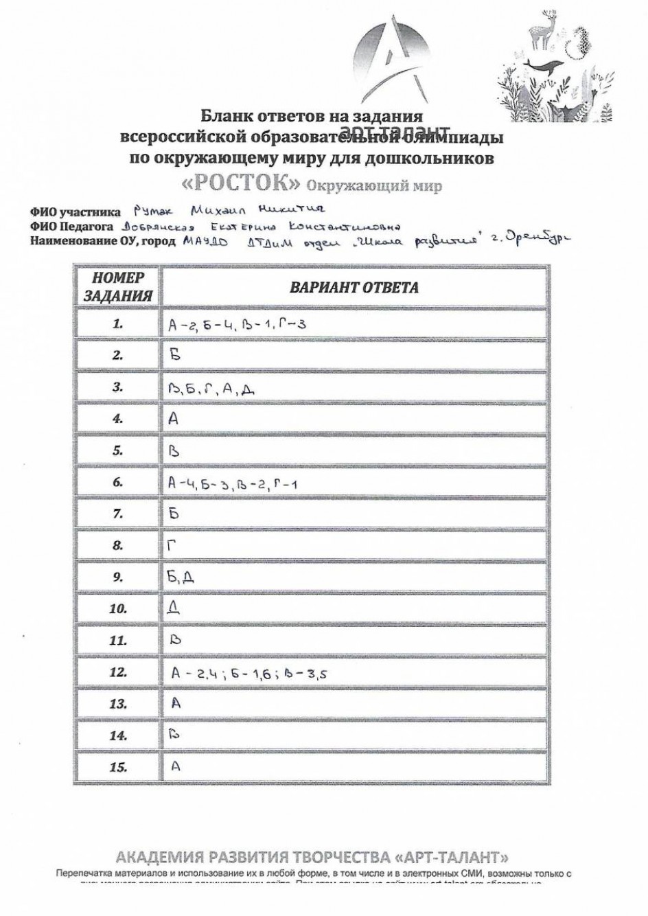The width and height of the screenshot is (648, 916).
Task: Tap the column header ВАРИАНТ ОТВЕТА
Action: point(354,287)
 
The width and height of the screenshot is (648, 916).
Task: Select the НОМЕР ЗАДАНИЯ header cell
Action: point(118,287)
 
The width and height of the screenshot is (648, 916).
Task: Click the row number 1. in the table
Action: point(118,323)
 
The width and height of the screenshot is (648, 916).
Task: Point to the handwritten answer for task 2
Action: point(174,355)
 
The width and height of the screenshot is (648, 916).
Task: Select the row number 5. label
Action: point(118,450)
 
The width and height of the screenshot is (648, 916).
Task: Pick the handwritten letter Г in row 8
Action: point(173,546)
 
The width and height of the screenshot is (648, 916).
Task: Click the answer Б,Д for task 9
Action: point(181,577)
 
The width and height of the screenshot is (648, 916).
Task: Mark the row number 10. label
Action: point(118,609)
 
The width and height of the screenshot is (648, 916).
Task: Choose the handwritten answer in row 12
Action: point(248,674)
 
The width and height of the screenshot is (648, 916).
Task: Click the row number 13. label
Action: point(118,704)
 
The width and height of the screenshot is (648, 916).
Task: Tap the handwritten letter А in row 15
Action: point(176,766)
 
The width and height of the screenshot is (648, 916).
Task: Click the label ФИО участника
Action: point(75,213)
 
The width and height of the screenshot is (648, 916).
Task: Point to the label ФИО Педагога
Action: point(72,227)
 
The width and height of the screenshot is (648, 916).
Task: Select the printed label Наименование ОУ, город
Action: point(102,241)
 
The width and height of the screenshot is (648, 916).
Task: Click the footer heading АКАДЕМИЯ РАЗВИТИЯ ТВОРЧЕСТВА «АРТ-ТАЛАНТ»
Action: point(312,857)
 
